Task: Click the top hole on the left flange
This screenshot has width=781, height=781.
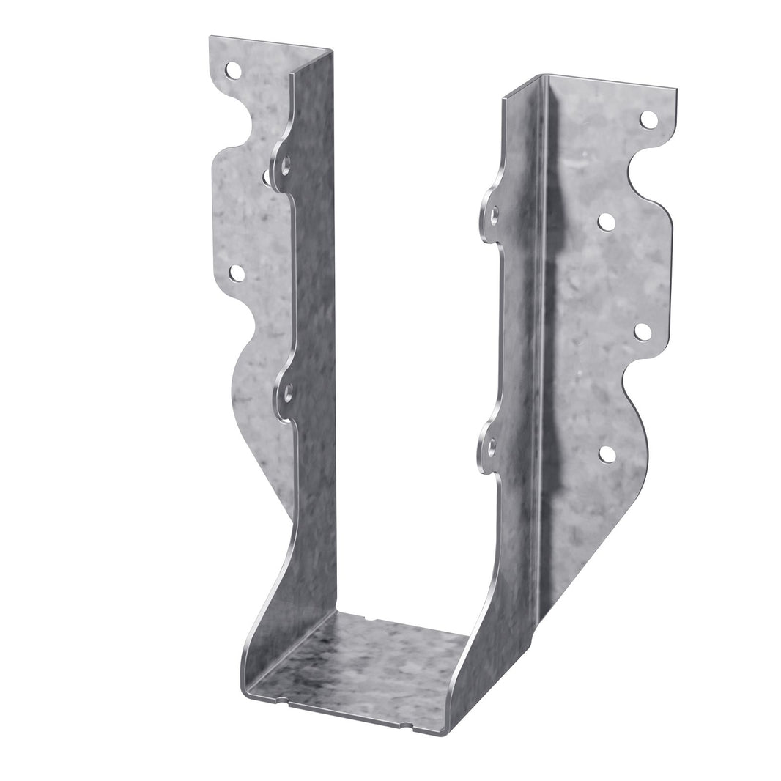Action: point(233,70)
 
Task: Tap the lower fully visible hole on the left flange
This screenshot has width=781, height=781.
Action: point(237,273)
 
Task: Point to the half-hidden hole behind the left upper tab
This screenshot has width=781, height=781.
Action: point(266,176)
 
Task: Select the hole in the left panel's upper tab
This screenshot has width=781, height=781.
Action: point(286,166)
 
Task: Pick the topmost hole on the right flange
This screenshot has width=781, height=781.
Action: point(648,119)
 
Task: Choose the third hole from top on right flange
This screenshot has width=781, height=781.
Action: point(643,332)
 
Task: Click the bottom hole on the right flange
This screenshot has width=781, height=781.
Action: point(607,454)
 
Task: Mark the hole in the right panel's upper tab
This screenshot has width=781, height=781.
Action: point(495,215)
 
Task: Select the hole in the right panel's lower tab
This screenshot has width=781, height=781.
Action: point(492,444)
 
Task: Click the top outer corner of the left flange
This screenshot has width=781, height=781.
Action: point(211,38)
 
